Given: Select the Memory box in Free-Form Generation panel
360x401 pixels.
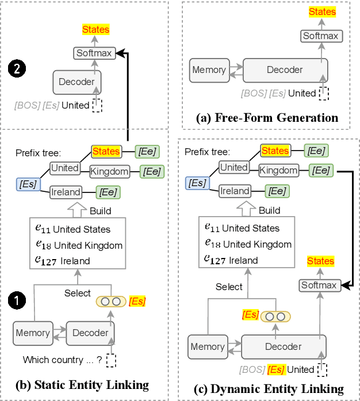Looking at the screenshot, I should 209,70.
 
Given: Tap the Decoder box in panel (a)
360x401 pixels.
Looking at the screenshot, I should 285,70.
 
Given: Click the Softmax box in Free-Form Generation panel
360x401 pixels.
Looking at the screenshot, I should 321,36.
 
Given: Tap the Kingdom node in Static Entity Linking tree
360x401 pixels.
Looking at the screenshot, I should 109,171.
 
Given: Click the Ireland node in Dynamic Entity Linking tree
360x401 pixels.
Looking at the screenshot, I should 235,191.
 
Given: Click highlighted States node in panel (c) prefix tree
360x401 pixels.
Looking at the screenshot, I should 275,151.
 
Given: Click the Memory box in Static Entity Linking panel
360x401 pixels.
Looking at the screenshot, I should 33,333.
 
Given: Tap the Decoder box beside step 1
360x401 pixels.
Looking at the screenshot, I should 90,333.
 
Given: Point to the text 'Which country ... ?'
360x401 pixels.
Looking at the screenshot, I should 62,360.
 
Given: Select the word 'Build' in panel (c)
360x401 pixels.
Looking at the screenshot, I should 269,210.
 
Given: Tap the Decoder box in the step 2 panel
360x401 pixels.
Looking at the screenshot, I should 76,82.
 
